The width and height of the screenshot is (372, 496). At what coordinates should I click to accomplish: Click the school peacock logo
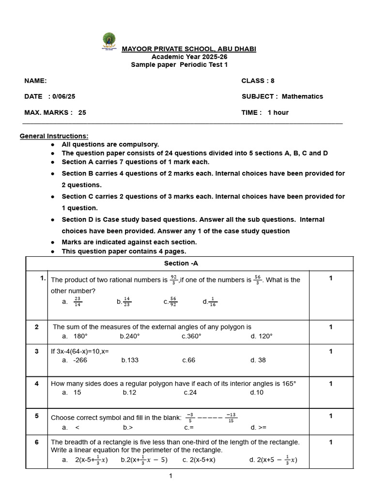click(109, 41)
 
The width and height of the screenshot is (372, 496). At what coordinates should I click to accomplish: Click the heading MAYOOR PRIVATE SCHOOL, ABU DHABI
click(189, 49)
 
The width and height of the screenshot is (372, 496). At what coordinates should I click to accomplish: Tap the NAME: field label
click(35, 81)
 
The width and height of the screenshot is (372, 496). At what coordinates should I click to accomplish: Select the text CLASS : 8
click(258, 81)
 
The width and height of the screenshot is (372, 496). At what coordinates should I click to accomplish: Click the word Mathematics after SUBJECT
click(302, 96)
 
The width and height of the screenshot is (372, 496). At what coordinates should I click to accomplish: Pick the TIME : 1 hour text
click(265, 112)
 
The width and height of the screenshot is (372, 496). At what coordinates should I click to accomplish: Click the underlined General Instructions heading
click(54, 136)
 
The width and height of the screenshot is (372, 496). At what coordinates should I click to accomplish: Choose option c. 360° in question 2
click(191, 336)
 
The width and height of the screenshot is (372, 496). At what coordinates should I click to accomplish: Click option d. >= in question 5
click(259, 427)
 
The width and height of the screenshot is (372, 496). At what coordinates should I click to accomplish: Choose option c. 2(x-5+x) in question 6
click(199, 460)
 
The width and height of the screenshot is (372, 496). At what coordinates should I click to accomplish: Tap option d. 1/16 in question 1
click(210, 302)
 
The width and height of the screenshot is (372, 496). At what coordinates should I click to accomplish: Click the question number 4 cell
click(36, 384)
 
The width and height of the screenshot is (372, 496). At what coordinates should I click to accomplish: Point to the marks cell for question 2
click(330, 327)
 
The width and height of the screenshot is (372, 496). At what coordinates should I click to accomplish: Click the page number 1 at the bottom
click(170, 476)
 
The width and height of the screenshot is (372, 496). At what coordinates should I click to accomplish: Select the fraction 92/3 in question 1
click(173, 279)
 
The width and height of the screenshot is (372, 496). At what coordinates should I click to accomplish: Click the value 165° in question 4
click(289, 384)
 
